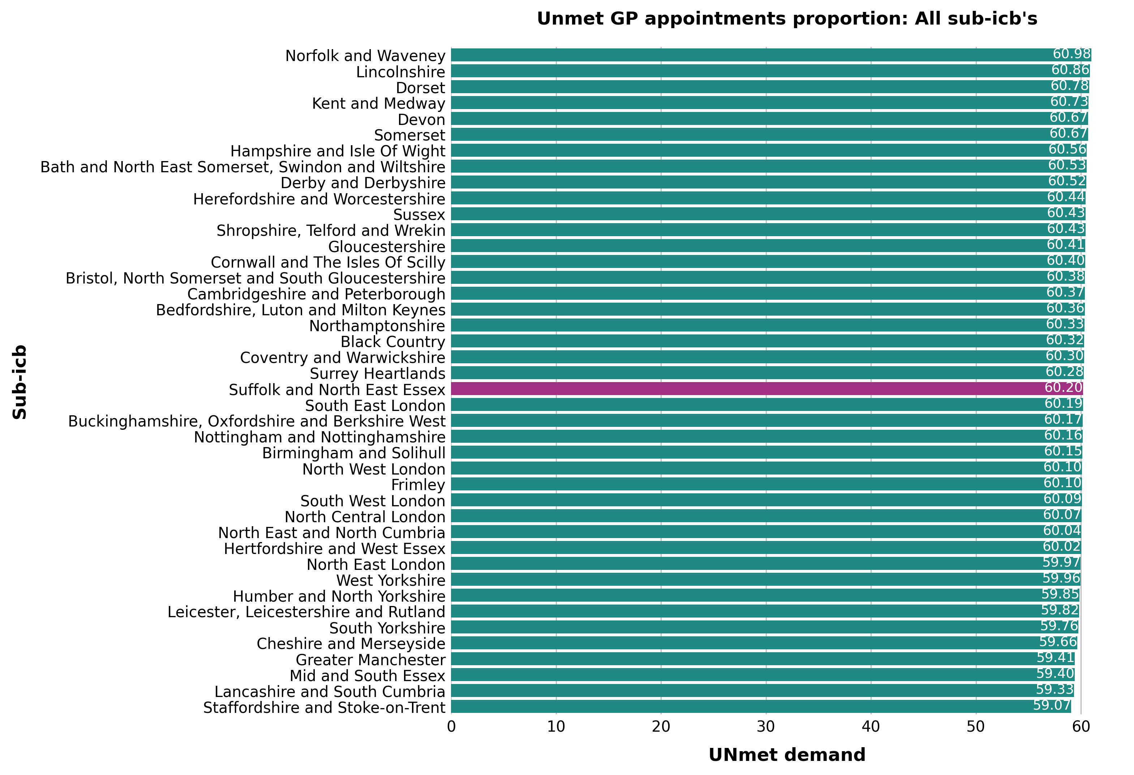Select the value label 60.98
point(1071,54)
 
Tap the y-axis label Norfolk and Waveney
point(365,56)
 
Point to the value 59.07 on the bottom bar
point(1052,705)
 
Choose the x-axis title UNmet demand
point(787,755)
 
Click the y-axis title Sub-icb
point(20,382)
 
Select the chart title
point(787,18)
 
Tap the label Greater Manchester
point(370,660)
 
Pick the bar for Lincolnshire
point(770,71)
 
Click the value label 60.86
point(1070,70)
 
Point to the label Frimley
point(418,485)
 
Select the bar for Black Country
point(768,341)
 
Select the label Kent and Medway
point(379,103)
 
